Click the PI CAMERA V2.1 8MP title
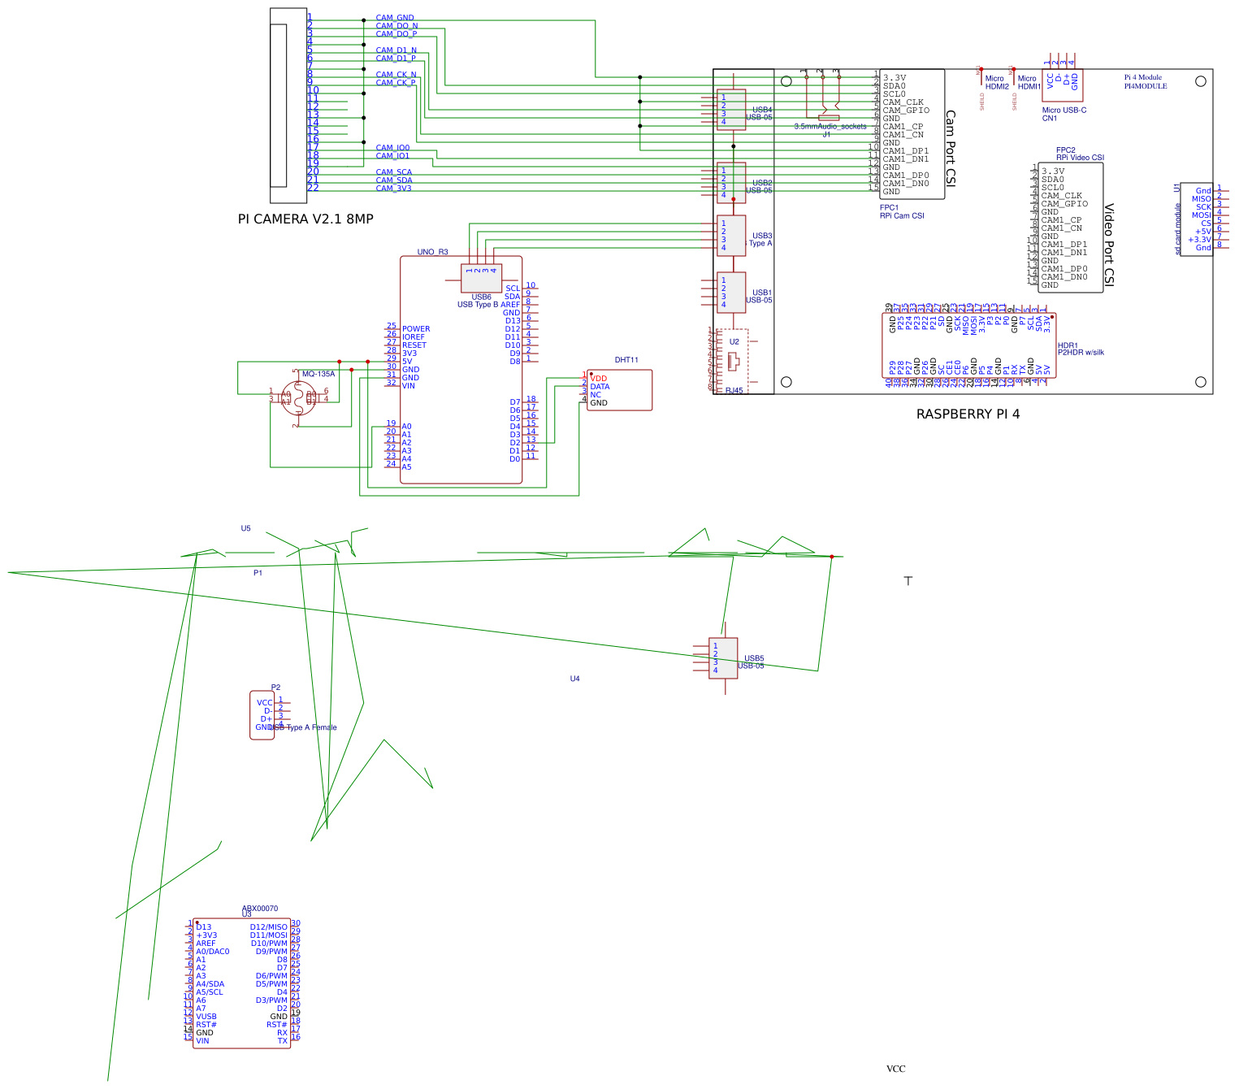coord(305,219)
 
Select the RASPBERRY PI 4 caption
coord(968,414)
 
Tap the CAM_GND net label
coord(395,18)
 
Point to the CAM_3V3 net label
coord(393,189)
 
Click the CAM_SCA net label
coord(393,172)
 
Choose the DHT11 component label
coord(626,360)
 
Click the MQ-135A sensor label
coord(318,375)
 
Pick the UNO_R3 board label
coord(432,252)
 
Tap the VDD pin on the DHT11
coord(599,379)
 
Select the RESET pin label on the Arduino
coord(414,345)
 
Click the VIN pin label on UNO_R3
coord(408,386)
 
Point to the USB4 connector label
coord(762,110)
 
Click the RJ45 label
coord(734,391)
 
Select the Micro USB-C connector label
coord(1064,111)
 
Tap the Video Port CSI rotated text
coord(1109,245)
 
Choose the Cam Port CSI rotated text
coord(951,149)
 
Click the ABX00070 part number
coord(260,909)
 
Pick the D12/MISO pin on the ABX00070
coord(268,927)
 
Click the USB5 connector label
coord(754,658)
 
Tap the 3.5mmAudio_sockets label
coord(830,127)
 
